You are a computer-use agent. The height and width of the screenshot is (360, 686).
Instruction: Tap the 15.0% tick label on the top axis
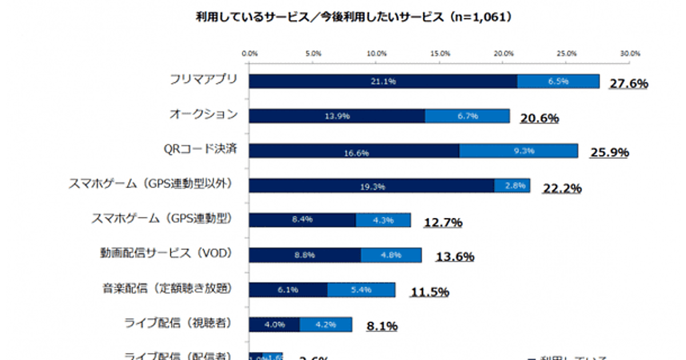440,53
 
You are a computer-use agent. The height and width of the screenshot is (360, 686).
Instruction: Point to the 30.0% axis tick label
631,53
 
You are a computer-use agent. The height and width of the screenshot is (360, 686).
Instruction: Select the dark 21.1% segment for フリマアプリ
383,81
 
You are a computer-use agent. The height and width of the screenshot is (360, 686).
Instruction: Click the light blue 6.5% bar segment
558,81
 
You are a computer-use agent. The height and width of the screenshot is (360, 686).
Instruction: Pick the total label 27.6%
629,83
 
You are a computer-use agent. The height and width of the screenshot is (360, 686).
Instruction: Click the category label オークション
203,114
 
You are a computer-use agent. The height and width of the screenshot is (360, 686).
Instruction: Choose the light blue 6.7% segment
467,116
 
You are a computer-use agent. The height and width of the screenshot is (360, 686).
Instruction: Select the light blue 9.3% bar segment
519,151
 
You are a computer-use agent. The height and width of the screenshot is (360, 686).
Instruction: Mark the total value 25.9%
609,153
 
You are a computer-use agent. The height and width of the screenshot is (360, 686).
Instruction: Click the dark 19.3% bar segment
372,186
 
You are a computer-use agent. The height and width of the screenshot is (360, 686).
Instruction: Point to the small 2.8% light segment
512,186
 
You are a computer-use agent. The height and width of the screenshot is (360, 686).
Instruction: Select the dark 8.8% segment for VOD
305,255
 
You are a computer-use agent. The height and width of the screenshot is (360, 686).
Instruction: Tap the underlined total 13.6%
454,257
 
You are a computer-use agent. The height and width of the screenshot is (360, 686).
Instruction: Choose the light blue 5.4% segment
361,290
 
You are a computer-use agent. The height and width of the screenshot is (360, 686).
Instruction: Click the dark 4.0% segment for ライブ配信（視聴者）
274,325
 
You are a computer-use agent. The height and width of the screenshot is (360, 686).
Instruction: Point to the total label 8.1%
382,326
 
